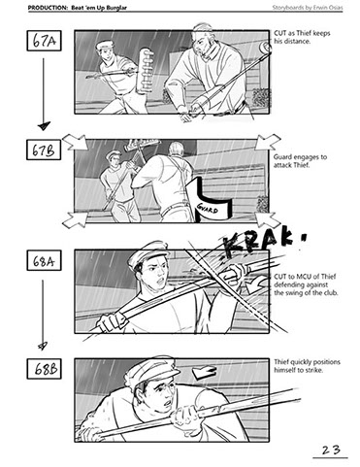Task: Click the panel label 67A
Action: (x=44, y=41)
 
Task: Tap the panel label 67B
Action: (x=44, y=150)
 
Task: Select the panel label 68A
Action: (x=44, y=260)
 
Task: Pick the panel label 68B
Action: (x=44, y=369)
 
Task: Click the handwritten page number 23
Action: (x=331, y=450)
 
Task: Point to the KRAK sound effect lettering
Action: (x=263, y=243)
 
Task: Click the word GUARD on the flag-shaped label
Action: (x=207, y=209)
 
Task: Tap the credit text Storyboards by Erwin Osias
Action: (x=308, y=7)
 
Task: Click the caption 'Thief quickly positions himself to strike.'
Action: (x=307, y=366)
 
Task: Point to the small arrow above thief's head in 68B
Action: (x=204, y=372)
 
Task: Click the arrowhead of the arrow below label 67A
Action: (x=44, y=125)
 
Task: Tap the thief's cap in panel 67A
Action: (x=104, y=45)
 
